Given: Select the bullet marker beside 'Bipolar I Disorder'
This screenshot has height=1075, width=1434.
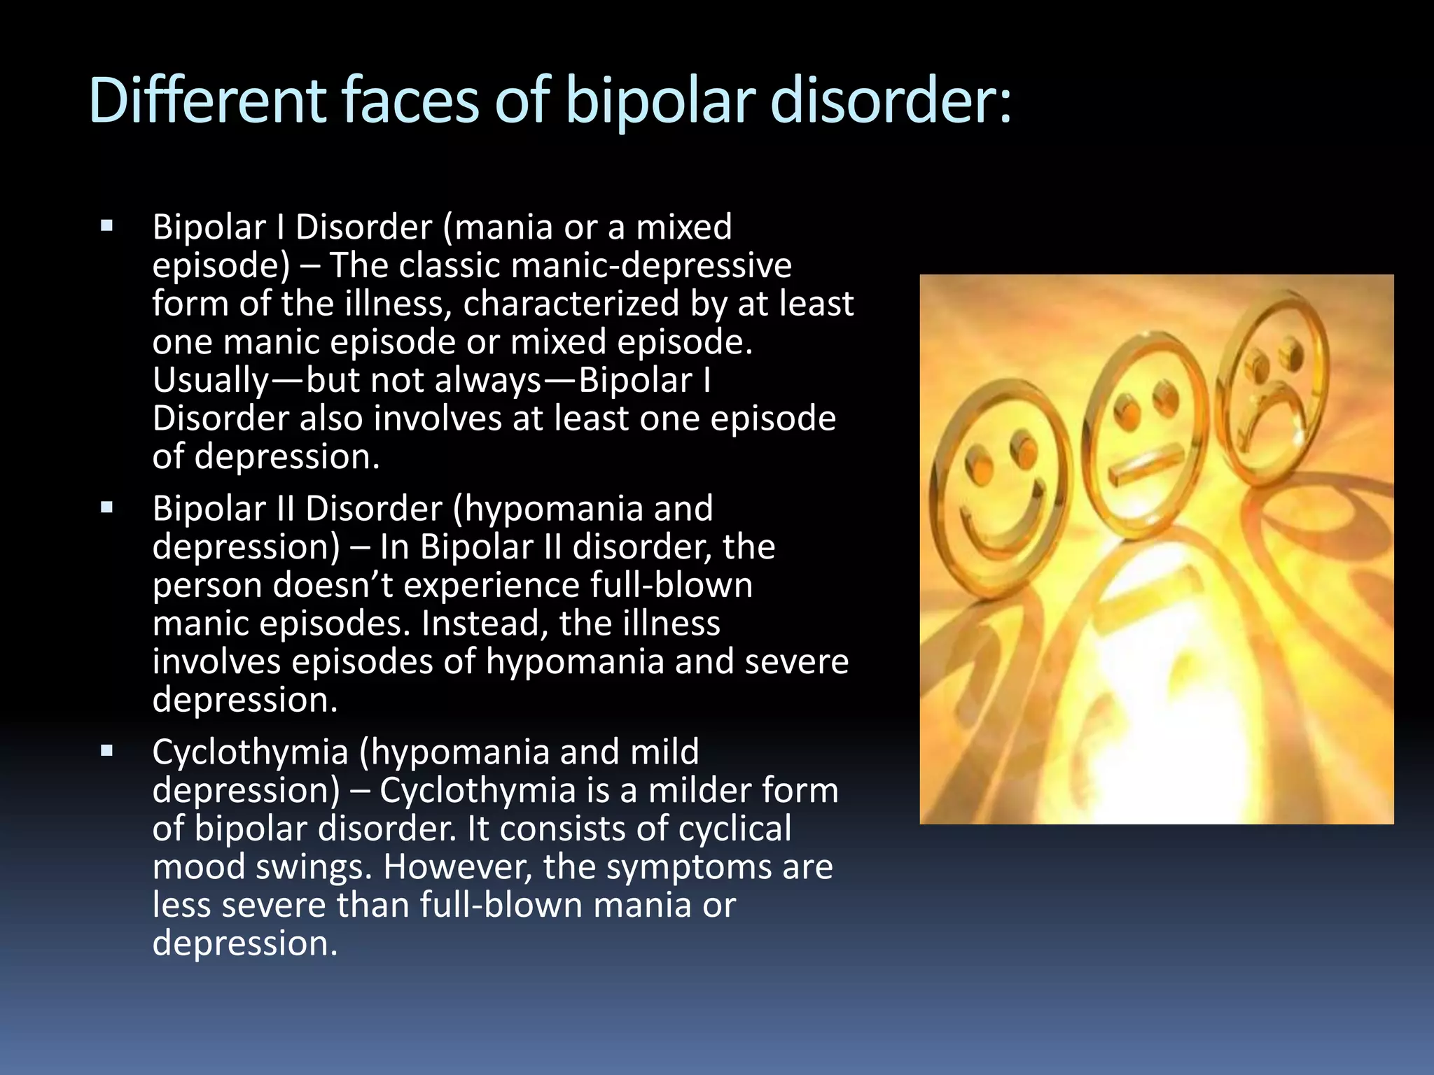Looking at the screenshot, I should pyautogui.click(x=106, y=226).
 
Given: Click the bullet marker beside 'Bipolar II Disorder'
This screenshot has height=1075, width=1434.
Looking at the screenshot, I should pyautogui.click(x=106, y=507).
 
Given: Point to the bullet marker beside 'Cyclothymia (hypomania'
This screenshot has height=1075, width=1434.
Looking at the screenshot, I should pyautogui.click(x=106, y=751).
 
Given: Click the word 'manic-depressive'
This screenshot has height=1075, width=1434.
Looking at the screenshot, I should pyautogui.click(x=651, y=265).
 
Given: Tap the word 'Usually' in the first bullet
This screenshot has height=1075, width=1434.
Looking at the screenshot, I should pyautogui.click(x=210, y=381).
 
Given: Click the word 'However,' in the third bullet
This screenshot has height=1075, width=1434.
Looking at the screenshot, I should pyautogui.click(x=458, y=866).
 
